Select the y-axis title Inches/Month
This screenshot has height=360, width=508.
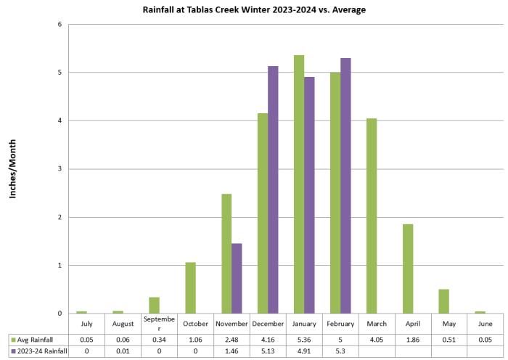[x=12, y=168]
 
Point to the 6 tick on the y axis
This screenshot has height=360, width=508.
[x=60, y=24]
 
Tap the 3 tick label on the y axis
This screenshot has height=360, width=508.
[x=60, y=168]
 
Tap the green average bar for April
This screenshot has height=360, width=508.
[x=408, y=269]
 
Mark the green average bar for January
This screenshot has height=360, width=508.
[x=299, y=184]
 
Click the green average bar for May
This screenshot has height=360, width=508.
[x=444, y=301]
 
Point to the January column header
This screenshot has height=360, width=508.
[x=305, y=324]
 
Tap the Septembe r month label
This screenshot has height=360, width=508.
[x=159, y=324]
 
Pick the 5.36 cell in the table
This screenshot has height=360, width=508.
[x=305, y=339]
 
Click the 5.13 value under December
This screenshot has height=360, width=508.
[x=269, y=351]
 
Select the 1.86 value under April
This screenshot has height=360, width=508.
[x=414, y=339]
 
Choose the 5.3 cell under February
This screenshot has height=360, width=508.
[x=341, y=351]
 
